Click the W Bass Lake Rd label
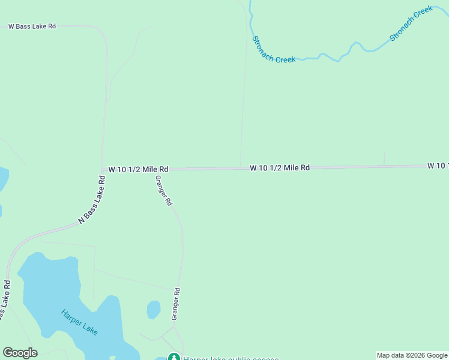click(32, 26)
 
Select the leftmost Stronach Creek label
click(273, 50)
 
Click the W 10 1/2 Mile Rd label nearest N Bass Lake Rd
click(138, 170)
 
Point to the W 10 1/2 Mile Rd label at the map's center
click(280, 168)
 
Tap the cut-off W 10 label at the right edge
click(438, 165)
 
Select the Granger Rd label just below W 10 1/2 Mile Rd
click(164, 191)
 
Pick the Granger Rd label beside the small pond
click(176, 303)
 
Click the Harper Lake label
click(79, 322)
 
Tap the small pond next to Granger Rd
click(154, 310)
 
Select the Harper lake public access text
click(231, 358)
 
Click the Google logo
click(20, 353)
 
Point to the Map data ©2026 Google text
click(412, 355)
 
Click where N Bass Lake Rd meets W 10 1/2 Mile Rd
click(103, 170)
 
